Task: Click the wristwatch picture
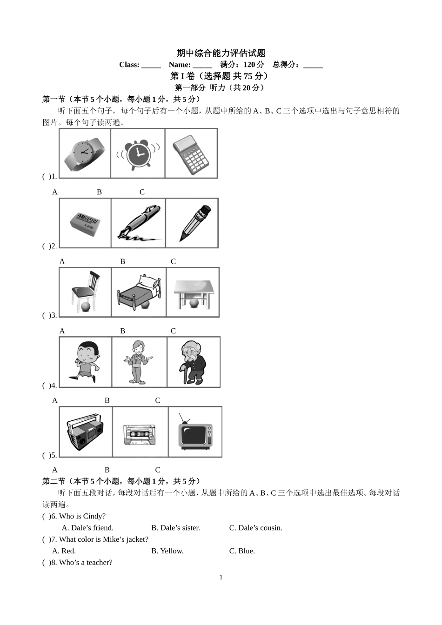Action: tap(85, 153)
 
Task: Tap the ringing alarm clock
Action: tap(138, 153)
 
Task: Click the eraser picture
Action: tap(86, 224)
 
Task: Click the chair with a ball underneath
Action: tap(86, 292)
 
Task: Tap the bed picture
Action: tap(139, 292)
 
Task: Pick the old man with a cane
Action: tap(193, 362)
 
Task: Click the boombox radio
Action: tap(86, 431)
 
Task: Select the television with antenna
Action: tap(195, 432)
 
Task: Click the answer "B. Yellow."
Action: tap(167, 551)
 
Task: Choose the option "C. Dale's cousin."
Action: tap(255, 528)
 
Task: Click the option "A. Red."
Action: tap(64, 551)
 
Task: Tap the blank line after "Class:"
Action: tap(151, 65)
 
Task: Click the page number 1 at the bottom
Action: tap(221, 577)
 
